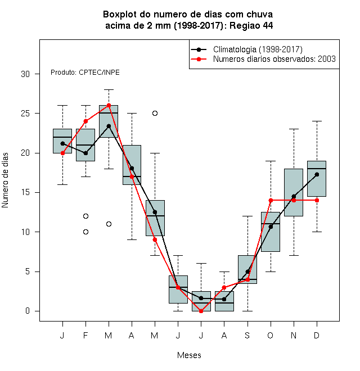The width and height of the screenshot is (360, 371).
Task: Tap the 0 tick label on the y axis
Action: [x=28, y=311]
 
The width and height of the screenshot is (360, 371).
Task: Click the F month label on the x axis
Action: [x=85, y=335]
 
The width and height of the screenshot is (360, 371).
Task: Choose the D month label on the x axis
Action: [x=317, y=335]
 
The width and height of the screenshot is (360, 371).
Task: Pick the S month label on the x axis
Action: [x=247, y=335]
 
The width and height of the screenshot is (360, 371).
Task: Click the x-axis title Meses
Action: [x=189, y=355]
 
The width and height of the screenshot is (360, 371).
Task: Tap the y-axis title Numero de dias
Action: [x=5, y=180]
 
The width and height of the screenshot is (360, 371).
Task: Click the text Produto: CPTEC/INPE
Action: [x=85, y=72]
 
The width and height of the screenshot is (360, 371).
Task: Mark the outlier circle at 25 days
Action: [x=155, y=114]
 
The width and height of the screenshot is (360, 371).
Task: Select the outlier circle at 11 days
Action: [x=109, y=224]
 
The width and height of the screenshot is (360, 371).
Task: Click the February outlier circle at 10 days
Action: [x=85, y=232]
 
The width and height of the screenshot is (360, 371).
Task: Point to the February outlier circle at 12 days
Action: [x=85, y=216]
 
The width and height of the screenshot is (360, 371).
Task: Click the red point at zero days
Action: [x=201, y=311]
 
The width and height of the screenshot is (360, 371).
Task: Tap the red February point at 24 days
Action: [x=85, y=121]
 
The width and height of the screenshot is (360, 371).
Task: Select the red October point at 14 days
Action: [x=271, y=201]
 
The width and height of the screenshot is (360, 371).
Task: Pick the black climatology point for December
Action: [x=317, y=175]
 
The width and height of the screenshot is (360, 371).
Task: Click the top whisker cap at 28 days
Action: [x=109, y=90]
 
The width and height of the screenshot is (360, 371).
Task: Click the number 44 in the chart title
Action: [x=267, y=25]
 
